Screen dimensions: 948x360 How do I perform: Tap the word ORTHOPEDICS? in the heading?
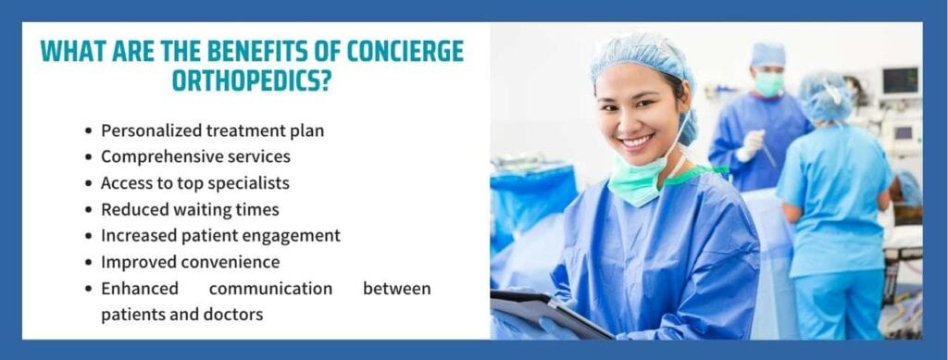[x=252, y=81]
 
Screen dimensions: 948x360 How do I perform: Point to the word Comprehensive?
[x=156, y=156]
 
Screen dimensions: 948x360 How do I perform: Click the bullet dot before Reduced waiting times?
[x=89, y=209]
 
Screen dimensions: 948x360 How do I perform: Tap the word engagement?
[x=296, y=236]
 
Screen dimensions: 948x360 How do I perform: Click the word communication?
[x=270, y=289]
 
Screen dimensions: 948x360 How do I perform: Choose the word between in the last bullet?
[x=396, y=289]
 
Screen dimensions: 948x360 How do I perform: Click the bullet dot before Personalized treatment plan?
[x=89, y=130]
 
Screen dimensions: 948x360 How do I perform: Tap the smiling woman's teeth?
[x=637, y=142]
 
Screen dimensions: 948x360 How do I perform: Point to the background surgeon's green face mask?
[x=769, y=82]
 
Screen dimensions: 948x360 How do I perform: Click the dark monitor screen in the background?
[x=899, y=80]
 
